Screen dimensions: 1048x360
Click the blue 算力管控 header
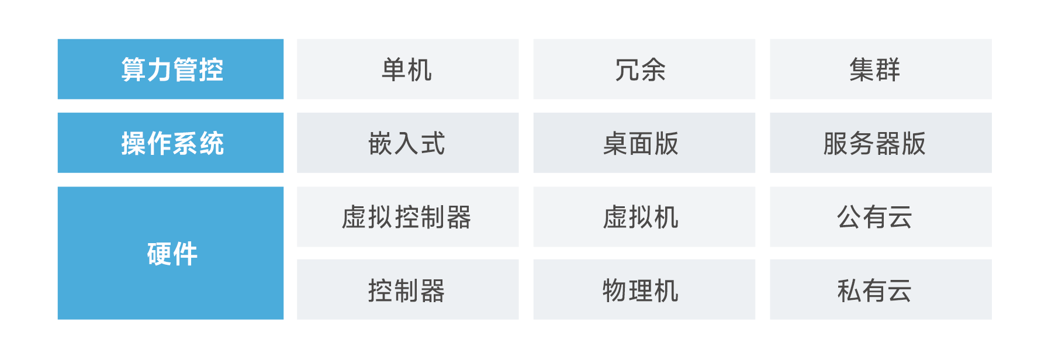point(171,69)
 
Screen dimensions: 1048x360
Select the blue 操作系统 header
point(171,143)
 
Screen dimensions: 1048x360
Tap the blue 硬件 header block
point(171,253)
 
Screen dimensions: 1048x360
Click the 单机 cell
point(407,69)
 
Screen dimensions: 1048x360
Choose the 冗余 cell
point(644,69)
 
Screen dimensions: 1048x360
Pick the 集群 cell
point(881,69)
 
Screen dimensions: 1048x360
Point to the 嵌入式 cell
point(407,143)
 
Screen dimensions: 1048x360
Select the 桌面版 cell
point(644,143)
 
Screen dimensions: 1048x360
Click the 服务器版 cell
point(881,143)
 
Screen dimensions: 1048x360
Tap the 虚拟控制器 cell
point(407,217)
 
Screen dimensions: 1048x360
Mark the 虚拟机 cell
point(644,217)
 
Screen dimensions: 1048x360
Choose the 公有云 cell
point(881,217)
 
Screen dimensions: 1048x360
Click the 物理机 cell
point(644,289)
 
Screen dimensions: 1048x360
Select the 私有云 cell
point(881,289)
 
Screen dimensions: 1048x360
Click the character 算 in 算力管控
point(133,70)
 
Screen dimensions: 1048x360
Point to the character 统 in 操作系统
point(212,143)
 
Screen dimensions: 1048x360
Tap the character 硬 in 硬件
point(159,254)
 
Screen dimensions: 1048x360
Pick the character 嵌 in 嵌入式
point(381,143)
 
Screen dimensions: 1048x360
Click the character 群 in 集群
point(888,70)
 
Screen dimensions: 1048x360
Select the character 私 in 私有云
point(849,290)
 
